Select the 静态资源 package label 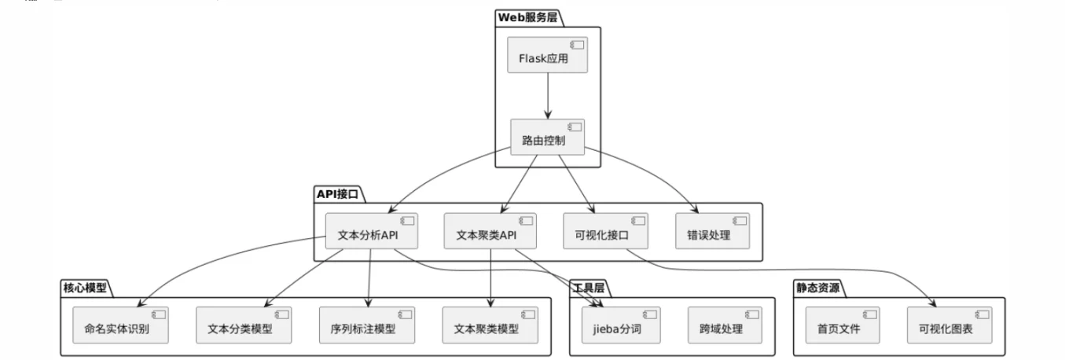coord(817,288)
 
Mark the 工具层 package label coord(589,288)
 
